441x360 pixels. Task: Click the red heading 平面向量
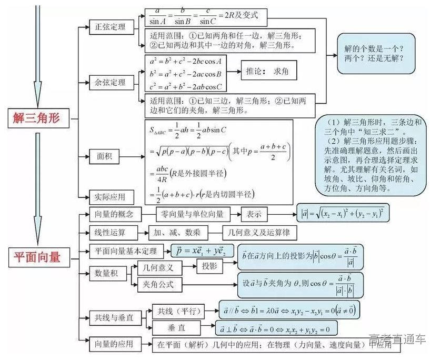(x=36, y=257)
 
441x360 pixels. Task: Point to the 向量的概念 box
(x=111, y=214)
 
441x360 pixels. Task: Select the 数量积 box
(x=105, y=273)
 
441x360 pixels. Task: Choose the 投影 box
(x=209, y=266)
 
